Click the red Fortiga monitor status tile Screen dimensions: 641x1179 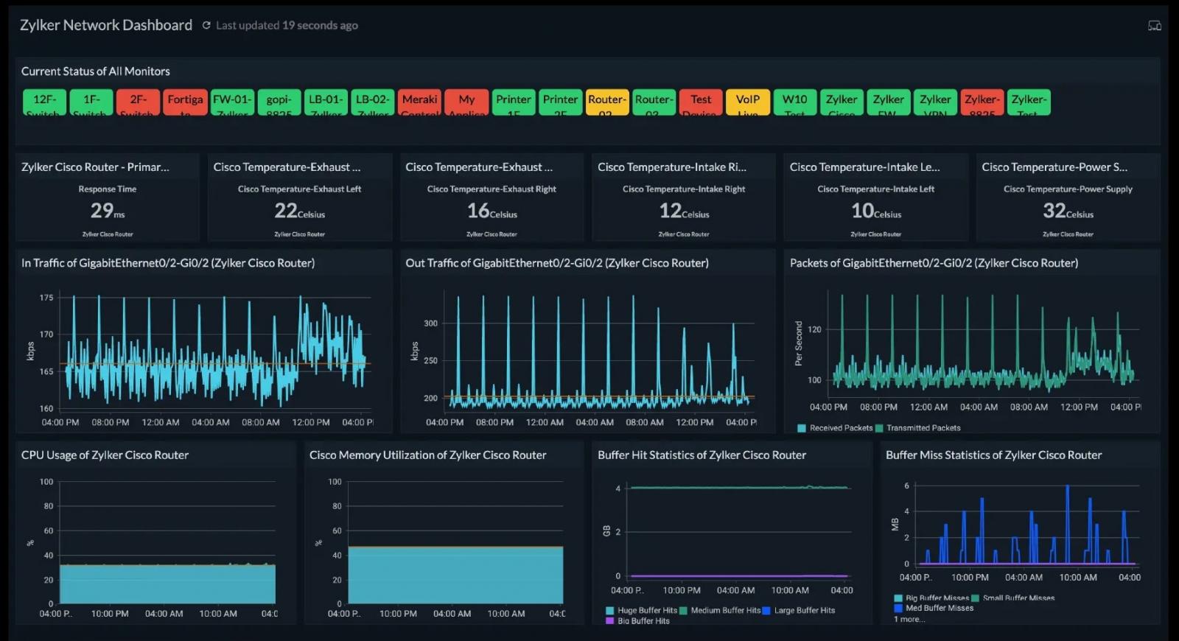185,102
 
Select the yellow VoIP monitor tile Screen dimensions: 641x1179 747,102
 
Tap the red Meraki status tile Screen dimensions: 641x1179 419,102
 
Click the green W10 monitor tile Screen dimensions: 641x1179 794,102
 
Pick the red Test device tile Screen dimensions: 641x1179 701,102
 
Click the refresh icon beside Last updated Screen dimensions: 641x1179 206,25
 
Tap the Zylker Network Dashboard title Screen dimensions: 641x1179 106,25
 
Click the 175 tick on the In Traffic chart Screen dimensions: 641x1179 46,298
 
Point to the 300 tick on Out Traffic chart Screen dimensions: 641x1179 430,323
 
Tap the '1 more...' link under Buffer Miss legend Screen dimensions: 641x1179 909,620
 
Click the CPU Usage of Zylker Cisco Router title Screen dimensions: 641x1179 105,455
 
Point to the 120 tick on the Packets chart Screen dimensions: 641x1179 814,329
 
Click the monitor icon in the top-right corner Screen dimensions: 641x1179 1155,26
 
